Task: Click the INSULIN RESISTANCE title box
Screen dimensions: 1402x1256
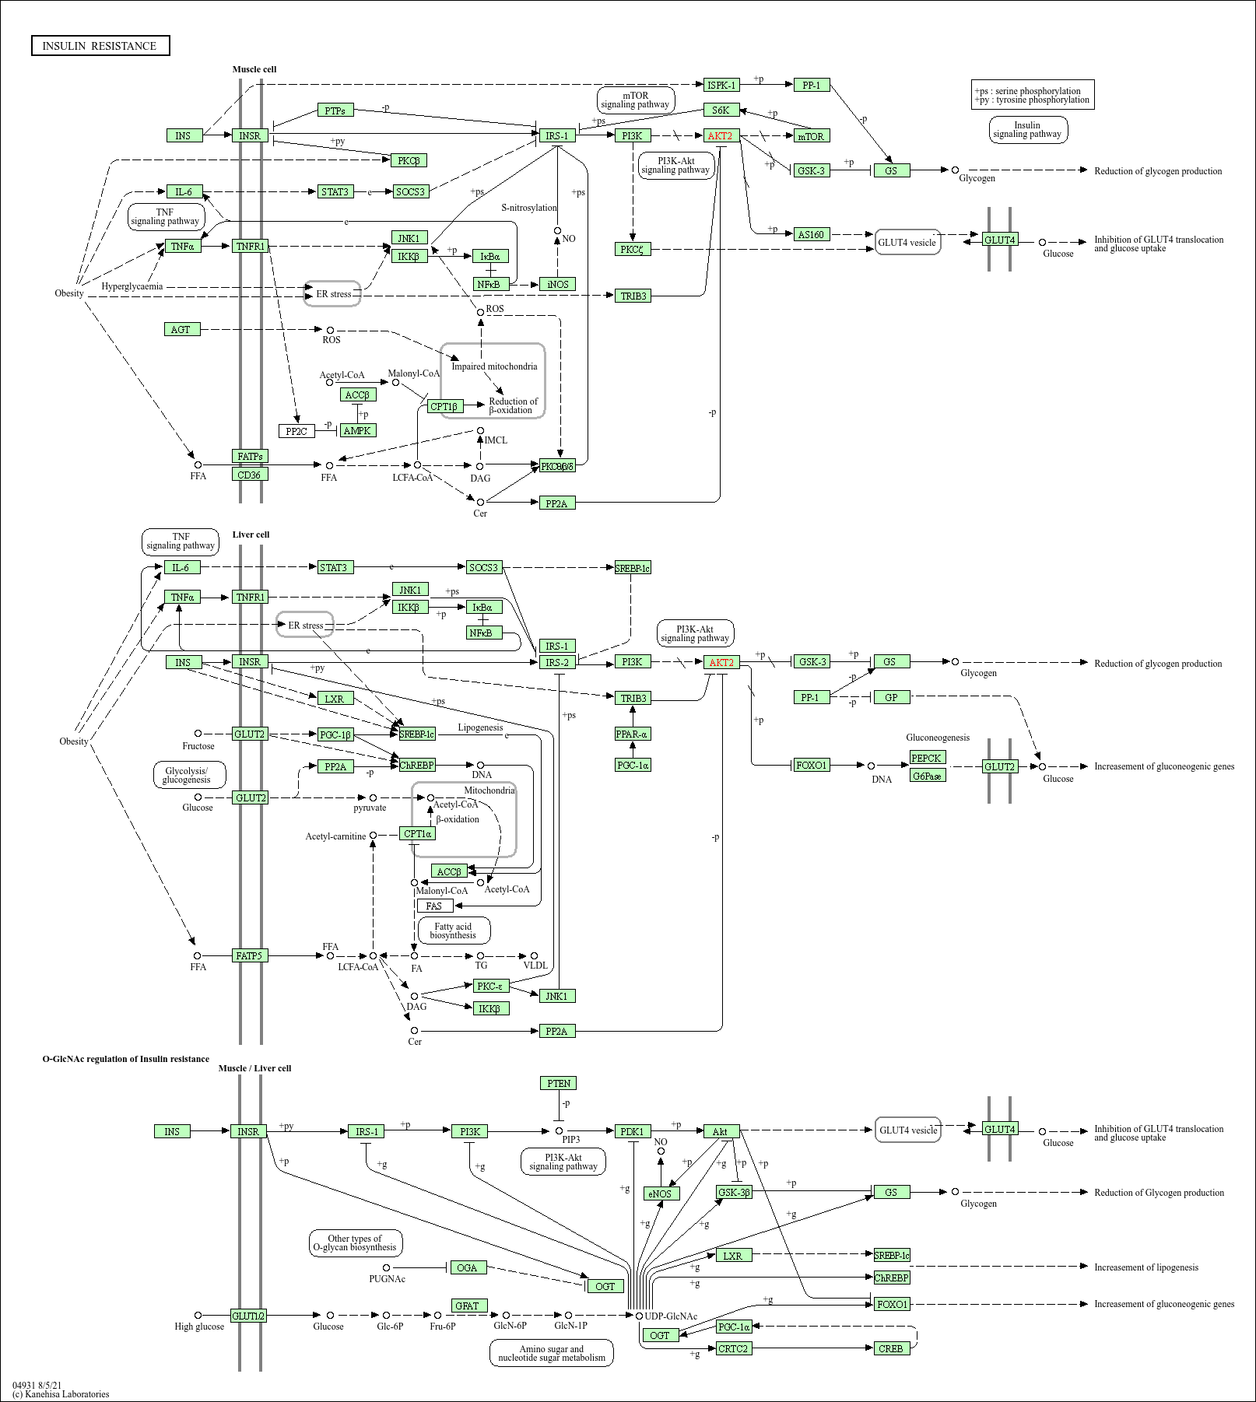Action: (100, 46)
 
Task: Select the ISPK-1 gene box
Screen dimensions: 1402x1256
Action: (721, 85)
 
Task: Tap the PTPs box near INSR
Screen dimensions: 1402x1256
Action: (335, 110)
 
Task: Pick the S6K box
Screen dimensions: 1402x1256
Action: (721, 110)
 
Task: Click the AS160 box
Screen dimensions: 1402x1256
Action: (811, 234)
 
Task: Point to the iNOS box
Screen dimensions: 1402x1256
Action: (557, 284)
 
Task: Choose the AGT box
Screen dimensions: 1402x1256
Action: (182, 329)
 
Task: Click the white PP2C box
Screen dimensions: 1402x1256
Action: (296, 431)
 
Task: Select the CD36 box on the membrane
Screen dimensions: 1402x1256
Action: (250, 475)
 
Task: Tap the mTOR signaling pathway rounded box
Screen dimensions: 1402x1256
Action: (635, 100)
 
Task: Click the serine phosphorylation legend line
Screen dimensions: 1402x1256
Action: (1029, 91)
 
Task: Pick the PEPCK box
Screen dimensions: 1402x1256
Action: (927, 758)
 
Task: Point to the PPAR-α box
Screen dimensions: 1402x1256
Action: (632, 734)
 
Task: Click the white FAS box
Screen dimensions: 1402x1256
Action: (434, 906)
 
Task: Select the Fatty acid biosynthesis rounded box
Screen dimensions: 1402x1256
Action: (454, 931)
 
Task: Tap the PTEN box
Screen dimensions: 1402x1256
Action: (558, 1083)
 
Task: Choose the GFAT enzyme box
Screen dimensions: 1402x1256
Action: (468, 1306)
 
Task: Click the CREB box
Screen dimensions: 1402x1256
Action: (890, 1348)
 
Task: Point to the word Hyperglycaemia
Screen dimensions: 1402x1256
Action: (132, 286)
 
